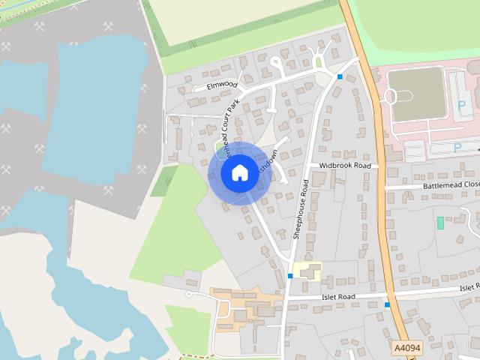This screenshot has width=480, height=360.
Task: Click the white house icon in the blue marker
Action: click(238, 172)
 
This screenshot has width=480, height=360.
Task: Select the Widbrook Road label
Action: click(344, 165)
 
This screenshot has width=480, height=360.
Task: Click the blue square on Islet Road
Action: click(387, 304)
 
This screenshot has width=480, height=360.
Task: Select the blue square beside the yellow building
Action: click(290, 276)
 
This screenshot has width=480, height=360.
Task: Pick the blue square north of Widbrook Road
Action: click(340, 76)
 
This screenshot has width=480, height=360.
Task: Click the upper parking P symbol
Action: click(461, 105)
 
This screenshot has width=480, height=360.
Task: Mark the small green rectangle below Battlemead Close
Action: click(440, 223)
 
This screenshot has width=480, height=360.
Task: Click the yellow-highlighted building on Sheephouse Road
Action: click(307, 271)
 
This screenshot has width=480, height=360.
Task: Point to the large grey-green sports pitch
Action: click(417, 94)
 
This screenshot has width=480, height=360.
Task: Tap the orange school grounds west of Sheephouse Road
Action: click(236, 307)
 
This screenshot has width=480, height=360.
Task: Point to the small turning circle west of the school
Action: click(188, 295)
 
